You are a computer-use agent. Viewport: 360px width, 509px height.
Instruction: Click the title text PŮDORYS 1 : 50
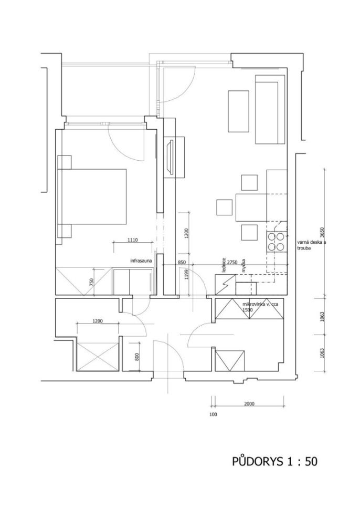coord(274,461)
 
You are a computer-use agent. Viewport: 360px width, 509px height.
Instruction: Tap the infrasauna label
coord(141,261)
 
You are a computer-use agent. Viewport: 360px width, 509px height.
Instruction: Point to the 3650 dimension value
coord(322,233)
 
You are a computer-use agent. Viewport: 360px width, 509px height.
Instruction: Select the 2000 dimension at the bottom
coord(249,404)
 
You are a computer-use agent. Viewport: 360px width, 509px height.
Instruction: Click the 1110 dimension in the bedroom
coord(133,240)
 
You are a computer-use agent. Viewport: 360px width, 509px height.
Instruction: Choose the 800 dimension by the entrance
coord(136,357)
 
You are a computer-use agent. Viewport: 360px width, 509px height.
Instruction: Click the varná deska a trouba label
coord(310,245)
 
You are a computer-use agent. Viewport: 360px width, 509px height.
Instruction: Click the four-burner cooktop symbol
coord(277,242)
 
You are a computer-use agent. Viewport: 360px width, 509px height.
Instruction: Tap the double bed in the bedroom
coord(92,196)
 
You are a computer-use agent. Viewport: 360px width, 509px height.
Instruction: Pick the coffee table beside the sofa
coord(238,111)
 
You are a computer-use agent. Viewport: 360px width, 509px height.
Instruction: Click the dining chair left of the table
coord(225,207)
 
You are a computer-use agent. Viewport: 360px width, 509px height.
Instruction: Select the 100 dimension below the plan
coord(213,414)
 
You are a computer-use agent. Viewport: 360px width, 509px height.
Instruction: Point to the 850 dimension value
coord(182,262)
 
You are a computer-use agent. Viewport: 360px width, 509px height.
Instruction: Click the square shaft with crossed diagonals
coord(97,357)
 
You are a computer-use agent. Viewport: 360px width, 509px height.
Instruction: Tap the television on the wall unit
coord(170,157)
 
